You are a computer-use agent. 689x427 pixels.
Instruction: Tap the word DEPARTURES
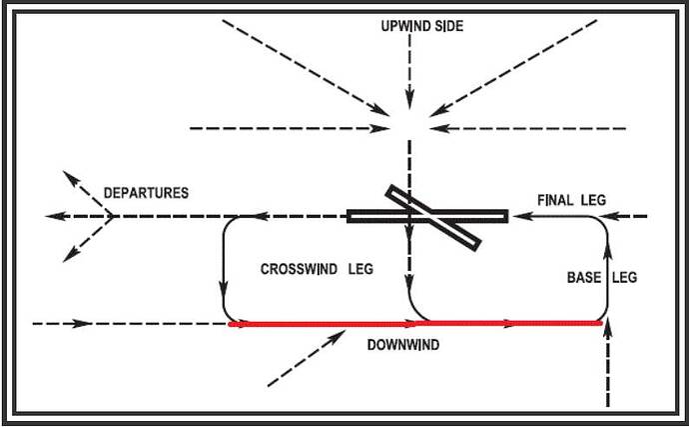(x=146, y=192)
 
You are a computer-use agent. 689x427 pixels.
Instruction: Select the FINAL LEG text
(x=571, y=199)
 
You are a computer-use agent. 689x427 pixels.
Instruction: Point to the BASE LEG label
(x=602, y=277)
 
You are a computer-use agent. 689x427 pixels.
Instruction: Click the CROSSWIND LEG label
(x=316, y=269)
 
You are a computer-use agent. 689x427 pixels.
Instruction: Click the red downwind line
(x=330, y=324)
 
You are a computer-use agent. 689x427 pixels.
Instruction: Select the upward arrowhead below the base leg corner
(x=607, y=333)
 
